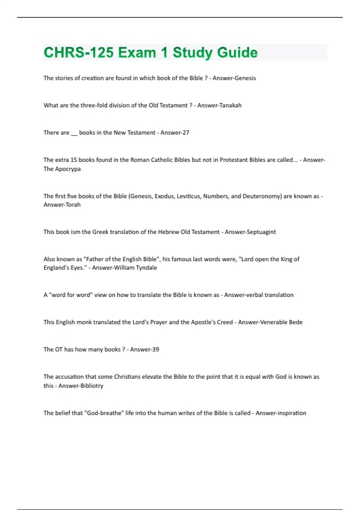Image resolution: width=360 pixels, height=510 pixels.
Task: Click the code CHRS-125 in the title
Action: click(79, 52)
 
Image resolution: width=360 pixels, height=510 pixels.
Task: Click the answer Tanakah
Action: click(230, 105)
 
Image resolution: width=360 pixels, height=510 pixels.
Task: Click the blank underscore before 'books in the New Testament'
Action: click(74, 133)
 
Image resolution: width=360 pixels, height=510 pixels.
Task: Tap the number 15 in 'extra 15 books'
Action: click(73, 160)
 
